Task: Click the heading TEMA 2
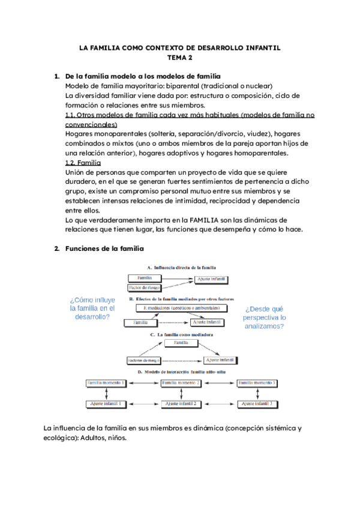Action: (x=180, y=58)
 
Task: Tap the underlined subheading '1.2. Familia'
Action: (x=82, y=163)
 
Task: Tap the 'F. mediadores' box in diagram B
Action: (x=181, y=308)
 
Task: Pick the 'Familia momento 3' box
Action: (x=256, y=383)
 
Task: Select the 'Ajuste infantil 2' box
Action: (x=181, y=404)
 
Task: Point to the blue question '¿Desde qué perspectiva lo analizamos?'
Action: (x=264, y=318)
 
